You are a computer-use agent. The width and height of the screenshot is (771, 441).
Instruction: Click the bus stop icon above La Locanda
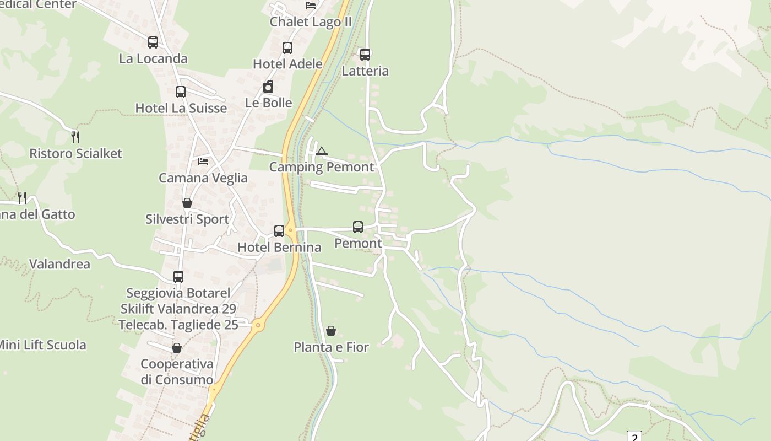153,42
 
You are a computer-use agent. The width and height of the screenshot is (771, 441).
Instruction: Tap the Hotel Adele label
287,64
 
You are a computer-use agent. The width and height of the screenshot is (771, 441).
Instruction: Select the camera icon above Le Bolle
268,87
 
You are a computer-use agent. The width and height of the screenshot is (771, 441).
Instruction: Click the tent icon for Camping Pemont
321,151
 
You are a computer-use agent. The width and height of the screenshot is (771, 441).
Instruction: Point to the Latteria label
365,71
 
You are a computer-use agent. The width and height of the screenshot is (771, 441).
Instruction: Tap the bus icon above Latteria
365,54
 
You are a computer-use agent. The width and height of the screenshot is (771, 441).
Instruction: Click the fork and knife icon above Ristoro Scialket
75,137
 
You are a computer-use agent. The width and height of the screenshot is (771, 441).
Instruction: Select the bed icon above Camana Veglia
203,162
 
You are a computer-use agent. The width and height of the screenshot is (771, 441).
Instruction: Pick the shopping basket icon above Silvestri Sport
187,203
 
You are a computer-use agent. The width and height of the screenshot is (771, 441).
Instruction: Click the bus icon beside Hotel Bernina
279,230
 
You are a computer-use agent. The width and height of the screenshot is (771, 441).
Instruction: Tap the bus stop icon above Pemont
358,227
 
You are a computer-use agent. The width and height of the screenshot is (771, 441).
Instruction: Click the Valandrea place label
59,264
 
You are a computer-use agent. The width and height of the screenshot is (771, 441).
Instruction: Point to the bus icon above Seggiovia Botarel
178,277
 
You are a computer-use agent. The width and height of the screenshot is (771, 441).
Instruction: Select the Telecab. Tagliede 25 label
178,325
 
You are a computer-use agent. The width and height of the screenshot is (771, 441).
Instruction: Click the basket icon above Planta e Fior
331,331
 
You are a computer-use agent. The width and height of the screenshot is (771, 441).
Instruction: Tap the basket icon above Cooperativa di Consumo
177,348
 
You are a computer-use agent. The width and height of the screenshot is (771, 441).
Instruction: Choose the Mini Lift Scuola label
42,345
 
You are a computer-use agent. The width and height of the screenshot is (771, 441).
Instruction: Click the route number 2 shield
634,437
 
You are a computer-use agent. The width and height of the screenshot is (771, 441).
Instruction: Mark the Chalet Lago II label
311,22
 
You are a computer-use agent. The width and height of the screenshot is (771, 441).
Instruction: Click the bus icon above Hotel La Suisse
181,92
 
